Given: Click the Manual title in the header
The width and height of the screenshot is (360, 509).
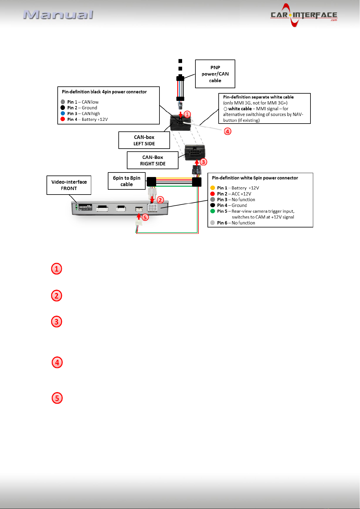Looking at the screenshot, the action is coord(58,15).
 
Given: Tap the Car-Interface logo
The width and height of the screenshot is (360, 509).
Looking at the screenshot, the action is coord(304,15).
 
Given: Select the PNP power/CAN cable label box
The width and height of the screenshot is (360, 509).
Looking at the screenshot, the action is coord(215,74).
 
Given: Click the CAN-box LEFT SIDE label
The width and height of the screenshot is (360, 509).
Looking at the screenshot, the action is coord(144,140).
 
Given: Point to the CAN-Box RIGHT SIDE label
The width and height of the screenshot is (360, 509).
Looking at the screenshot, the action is coord(153,160).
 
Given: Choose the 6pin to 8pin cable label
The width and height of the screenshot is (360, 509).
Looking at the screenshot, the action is coord(127,181).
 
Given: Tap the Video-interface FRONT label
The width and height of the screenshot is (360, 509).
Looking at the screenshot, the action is coord(69,185).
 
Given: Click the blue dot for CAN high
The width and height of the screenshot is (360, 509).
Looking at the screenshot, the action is coord(63,113).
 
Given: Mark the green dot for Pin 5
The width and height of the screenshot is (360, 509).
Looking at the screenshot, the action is coord(213,211).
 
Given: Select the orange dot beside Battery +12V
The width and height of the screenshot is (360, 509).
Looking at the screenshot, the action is coord(213,188).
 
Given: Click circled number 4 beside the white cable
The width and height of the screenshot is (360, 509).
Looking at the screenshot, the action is coord(228,131).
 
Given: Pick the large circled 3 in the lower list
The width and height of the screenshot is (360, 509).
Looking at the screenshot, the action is coord(56,321).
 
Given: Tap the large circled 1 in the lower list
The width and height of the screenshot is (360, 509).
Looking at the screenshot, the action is coord(56,269).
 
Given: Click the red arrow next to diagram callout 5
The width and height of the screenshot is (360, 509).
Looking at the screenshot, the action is coord(139,217).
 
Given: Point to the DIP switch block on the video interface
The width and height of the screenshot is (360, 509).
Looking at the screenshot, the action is coord(85,207).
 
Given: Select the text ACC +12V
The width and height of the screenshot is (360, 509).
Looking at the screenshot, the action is coord(241,194).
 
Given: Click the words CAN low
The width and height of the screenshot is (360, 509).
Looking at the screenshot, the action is coord(90,102).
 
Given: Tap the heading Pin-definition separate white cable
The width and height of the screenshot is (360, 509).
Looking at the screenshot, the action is coord(258,97).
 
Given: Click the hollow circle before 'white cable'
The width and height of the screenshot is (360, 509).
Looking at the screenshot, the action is coord(225,109).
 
